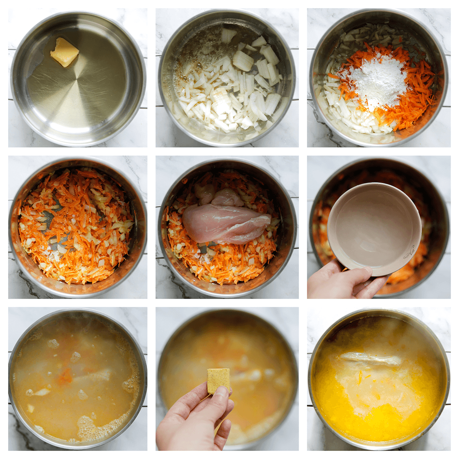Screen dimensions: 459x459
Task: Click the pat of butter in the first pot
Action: point(64,52)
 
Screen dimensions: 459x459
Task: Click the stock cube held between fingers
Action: point(218,381)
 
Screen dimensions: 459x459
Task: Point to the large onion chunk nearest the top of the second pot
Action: point(228,36)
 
